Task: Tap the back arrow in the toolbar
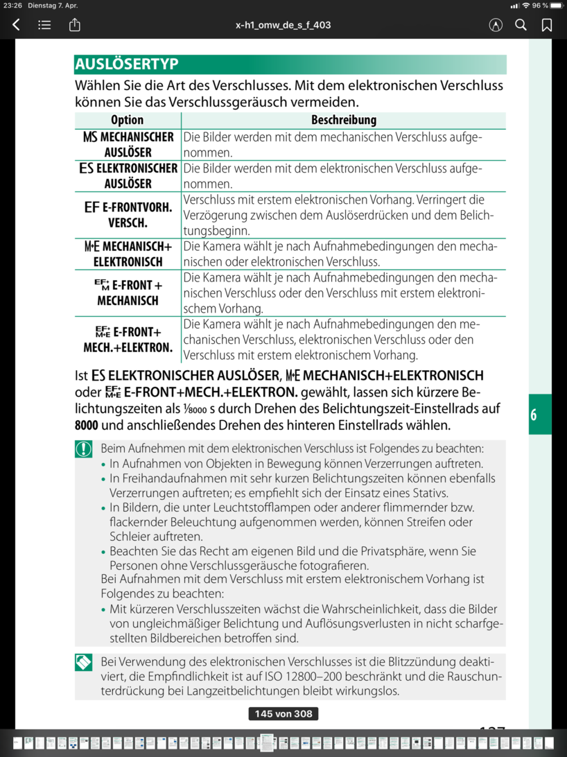pyautogui.click(x=16, y=25)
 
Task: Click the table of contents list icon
pyautogui.click(x=44, y=25)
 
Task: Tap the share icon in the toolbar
pyautogui.click(x=75, y=25)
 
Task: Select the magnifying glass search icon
pyautogui.click(x=521, y=25)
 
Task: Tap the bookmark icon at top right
pyautogui.click(x=547, y=25)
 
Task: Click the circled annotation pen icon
pyautogui.click(x=495, y=25)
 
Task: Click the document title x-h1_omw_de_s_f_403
pyautogui.click(x=283, y=25)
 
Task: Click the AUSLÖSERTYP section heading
pyautogui.click(x=127, y=64)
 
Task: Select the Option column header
pyautogui.click(x=128, y=120)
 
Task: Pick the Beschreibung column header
pyautogui.click(x=343, y=120)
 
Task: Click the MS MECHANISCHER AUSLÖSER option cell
pyautogui.click(x=128, y=145)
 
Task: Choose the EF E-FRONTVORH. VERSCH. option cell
pyautogui.click(x=128, y=214)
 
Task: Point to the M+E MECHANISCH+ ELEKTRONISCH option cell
pyautogui.click(x=128, y=254)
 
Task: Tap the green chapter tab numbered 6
pyautogui.click(x=540, y=415)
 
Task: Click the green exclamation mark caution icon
pyautogui.click(x=84, y=449)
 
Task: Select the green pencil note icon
pyautogui.click(x=84, y=663)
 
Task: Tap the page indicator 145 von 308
pyautogui.click(x=283, y=714)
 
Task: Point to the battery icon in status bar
pyautogui.click(x=555, y=6)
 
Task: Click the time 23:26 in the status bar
pyautogui.click(x=12, y=6)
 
